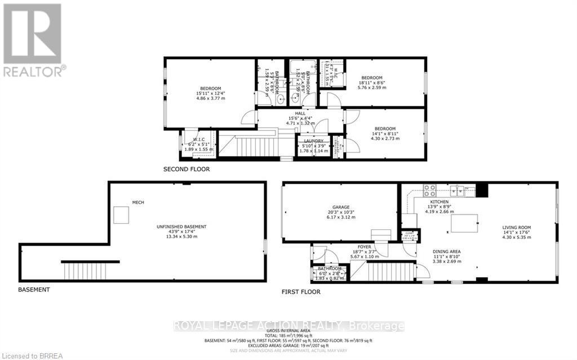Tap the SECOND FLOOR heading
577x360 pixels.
(x=187, y=169)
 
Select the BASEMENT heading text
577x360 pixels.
(x=34, y=290)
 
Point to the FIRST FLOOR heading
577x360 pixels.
(x=301, y=292)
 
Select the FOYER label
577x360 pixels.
(x=365, y=246)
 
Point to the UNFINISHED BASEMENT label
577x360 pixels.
(x=181, y=226)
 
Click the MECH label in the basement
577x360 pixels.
(x=138, y=202)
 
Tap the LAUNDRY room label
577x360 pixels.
(x=313, y=141)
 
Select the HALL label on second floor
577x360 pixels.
(x=300, y=113)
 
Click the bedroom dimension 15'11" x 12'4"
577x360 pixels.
(x=210, y=93)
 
